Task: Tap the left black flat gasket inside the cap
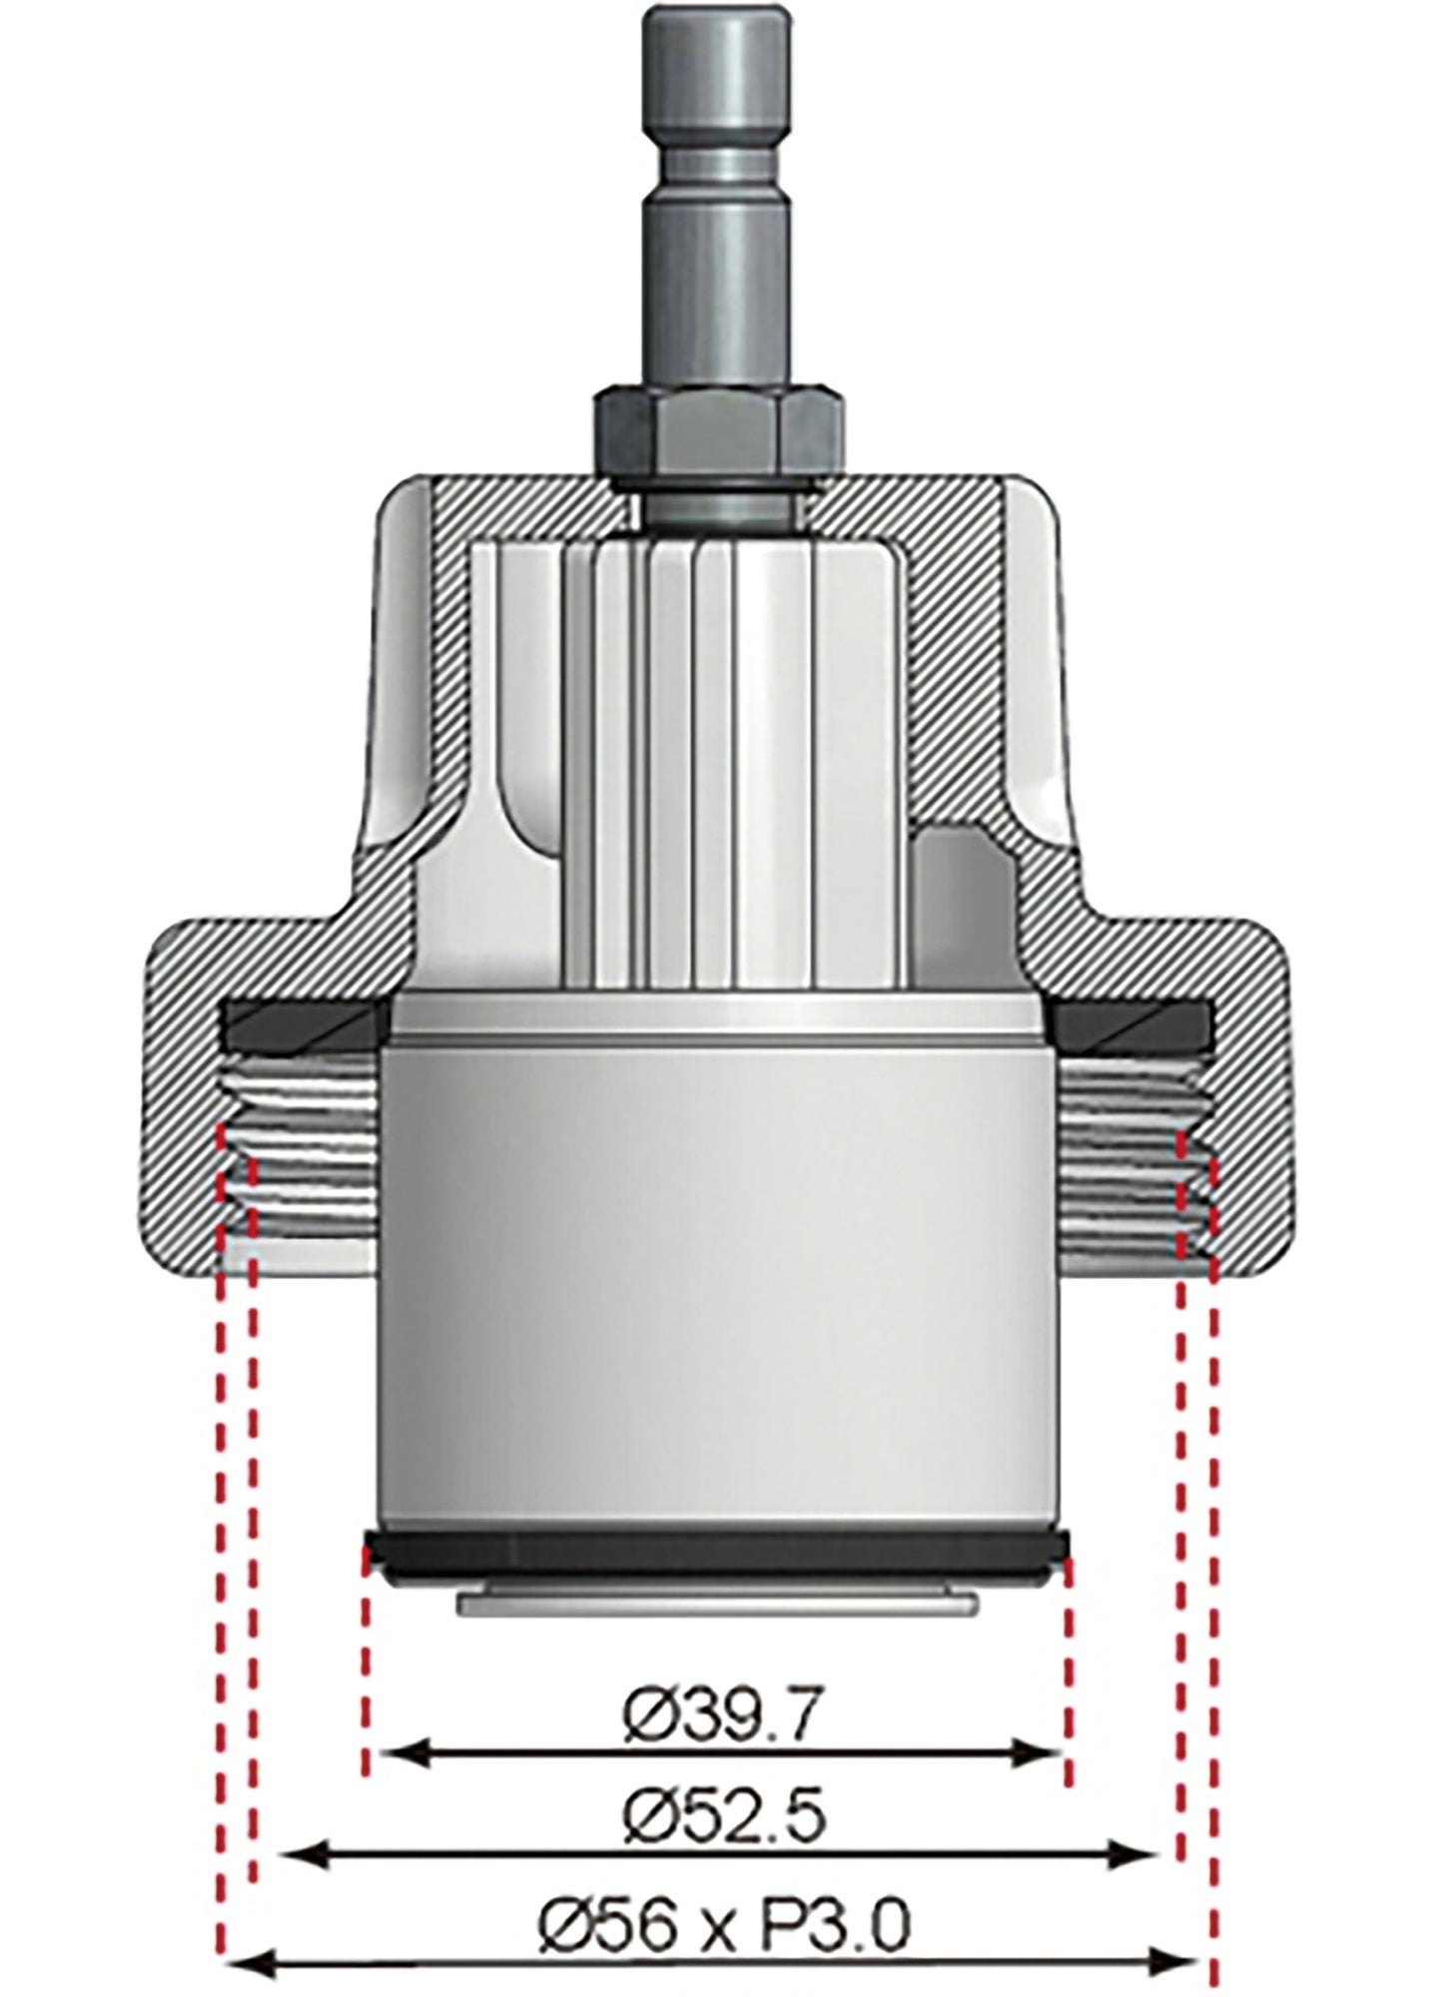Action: (304, 1022)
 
